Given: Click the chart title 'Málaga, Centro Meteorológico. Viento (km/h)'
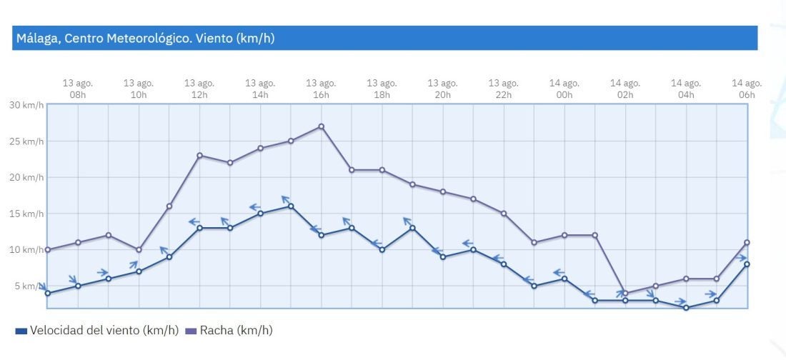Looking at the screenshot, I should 145,39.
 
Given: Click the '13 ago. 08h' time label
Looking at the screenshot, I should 78,89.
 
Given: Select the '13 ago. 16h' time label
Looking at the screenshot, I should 321,89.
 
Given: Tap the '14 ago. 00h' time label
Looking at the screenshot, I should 564,89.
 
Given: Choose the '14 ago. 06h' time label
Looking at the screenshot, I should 747,89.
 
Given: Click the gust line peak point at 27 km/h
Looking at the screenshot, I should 321,126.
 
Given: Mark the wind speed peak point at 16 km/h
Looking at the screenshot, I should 291,206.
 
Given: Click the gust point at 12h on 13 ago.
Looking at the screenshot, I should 199,155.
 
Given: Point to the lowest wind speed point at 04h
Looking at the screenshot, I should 686,308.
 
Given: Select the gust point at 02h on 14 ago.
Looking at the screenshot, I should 625,294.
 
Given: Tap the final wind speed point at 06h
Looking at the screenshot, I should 747,264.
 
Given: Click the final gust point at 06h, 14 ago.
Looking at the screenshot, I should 747,242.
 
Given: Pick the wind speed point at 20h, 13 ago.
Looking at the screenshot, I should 443,257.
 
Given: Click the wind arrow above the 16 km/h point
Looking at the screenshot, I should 285,199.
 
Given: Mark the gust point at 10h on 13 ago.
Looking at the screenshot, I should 139,250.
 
